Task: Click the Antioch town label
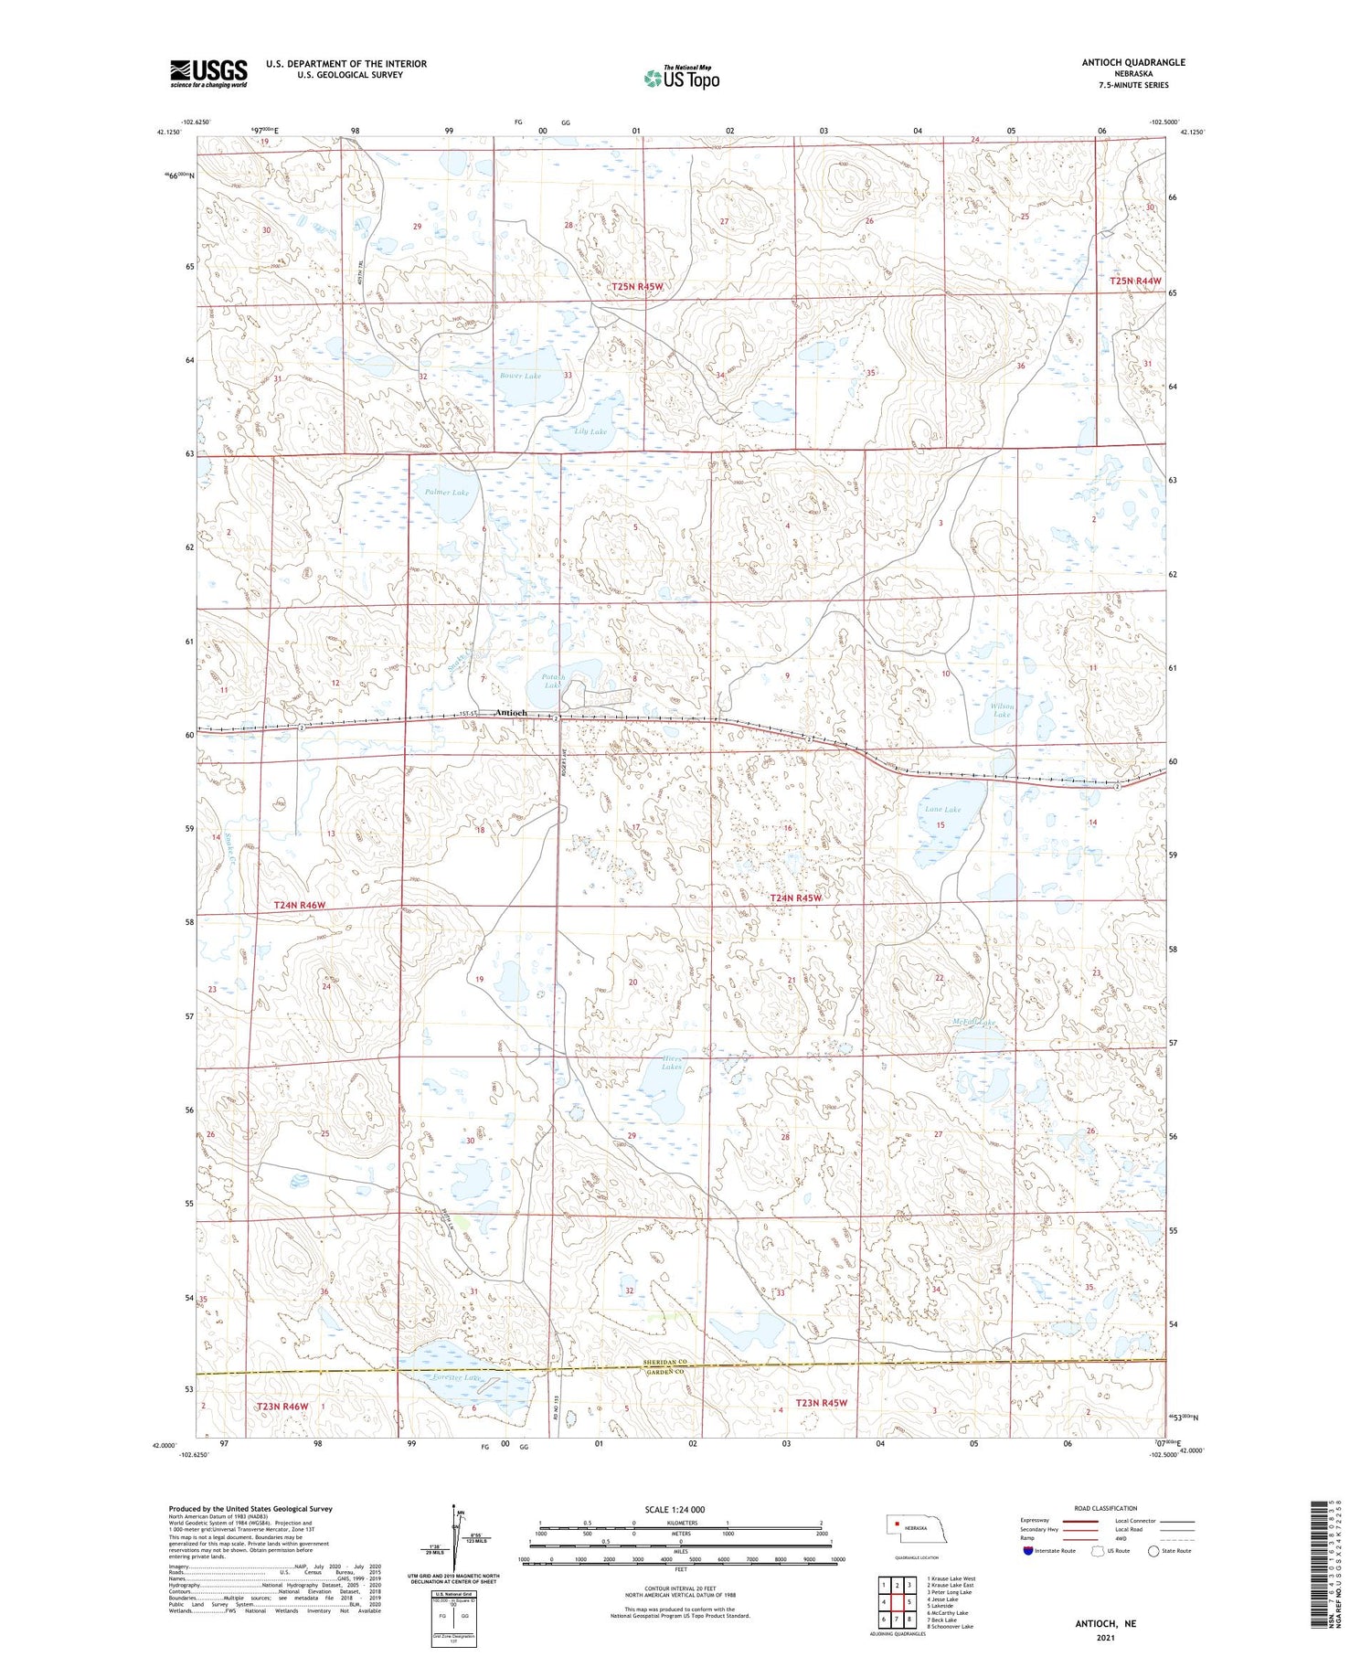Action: tap(510, 713)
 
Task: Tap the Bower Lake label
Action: tap(521, 376)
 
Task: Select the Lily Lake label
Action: tap(591, 431)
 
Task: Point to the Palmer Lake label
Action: tap(447, 493)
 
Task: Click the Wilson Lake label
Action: tap(1003, 710)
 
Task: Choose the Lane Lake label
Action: tap(942, 810)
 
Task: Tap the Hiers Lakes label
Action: tap(672, 1063)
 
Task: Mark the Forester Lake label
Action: tap(459, 1376)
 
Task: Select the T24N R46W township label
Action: tap(300, 905)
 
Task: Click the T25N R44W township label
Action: tap(1135, 281)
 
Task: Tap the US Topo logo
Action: tap(681, 78)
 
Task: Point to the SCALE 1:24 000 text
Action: tap(675, 1509)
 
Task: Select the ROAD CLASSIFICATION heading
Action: tap(1106, 1508)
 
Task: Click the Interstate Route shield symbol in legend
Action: tap(1028, 1550)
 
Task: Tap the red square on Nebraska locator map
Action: tap(898, 1523)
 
